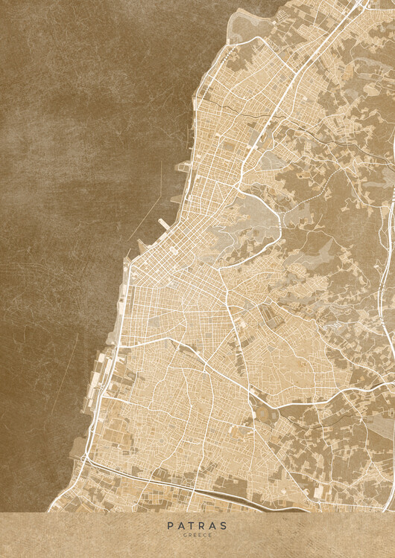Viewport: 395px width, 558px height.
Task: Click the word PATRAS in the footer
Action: (x=197, y=525)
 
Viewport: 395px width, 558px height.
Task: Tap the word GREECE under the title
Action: (x=197, y=535)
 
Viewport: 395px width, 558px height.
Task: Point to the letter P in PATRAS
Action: (x=171, y=525)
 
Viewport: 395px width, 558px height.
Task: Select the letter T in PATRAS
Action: (x=192, y=525)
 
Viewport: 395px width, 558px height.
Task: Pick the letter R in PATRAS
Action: (x=203, y=525)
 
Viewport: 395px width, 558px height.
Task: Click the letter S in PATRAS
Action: (x=224, y=525)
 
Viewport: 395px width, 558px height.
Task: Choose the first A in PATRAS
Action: (x=181, y=525)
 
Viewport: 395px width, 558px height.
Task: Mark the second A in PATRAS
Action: (x=214, y=525)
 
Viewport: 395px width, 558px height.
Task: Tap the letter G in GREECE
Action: (x=186, y=535)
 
